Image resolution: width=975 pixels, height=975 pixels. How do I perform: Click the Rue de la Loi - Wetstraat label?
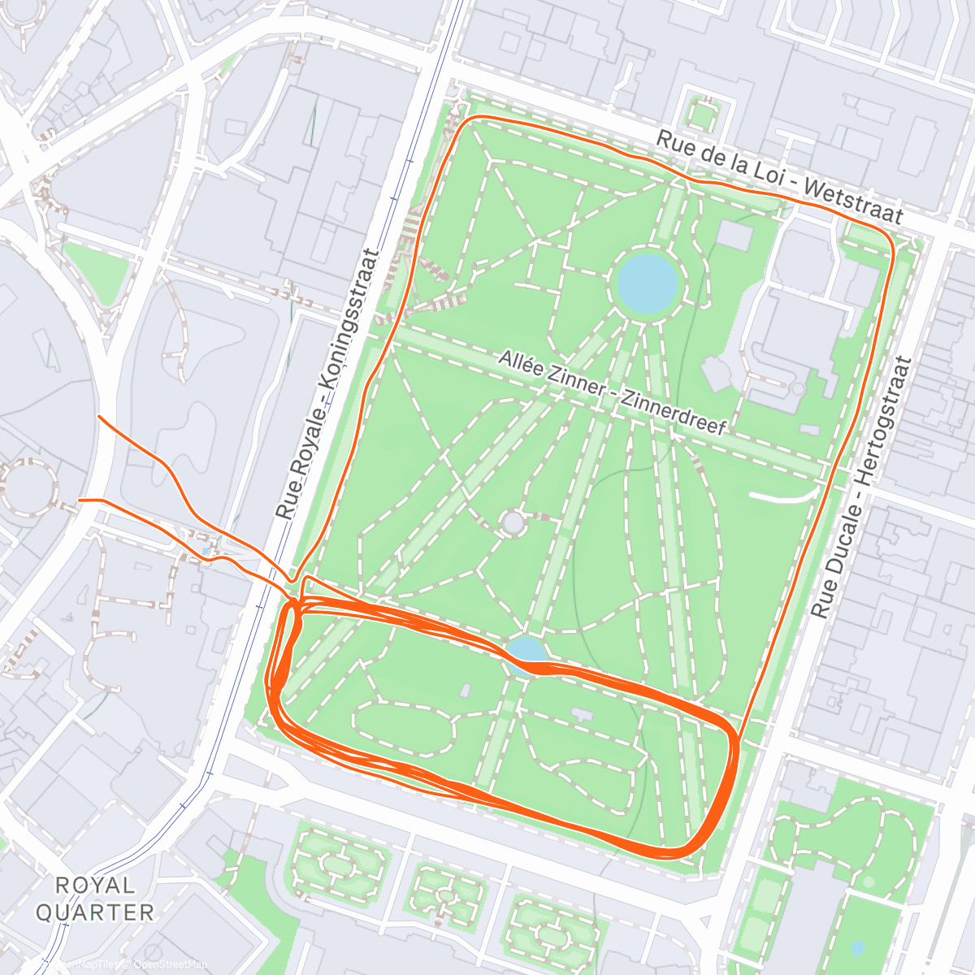click(779, 178)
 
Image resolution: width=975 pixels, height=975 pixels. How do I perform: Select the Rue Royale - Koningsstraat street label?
click(327, 383)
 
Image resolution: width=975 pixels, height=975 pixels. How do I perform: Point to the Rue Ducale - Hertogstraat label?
click(862, 487)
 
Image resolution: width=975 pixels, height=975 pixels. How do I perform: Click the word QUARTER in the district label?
click(95, 912)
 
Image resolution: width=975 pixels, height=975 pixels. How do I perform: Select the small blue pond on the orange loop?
click(527, 649)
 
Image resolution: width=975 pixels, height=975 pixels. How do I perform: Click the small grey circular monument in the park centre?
click(513, 522)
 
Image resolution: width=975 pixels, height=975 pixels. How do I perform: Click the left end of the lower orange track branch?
click(80, 500)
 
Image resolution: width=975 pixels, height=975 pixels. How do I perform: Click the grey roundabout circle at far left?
click(28, 487)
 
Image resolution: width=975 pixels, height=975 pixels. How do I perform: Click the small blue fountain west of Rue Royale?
click(207, 552)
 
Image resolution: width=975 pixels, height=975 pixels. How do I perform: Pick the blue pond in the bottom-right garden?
click(857, 947)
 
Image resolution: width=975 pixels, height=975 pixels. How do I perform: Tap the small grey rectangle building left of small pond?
click(465, 691)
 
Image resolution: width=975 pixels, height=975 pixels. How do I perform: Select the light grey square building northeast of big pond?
click(735, 236)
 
